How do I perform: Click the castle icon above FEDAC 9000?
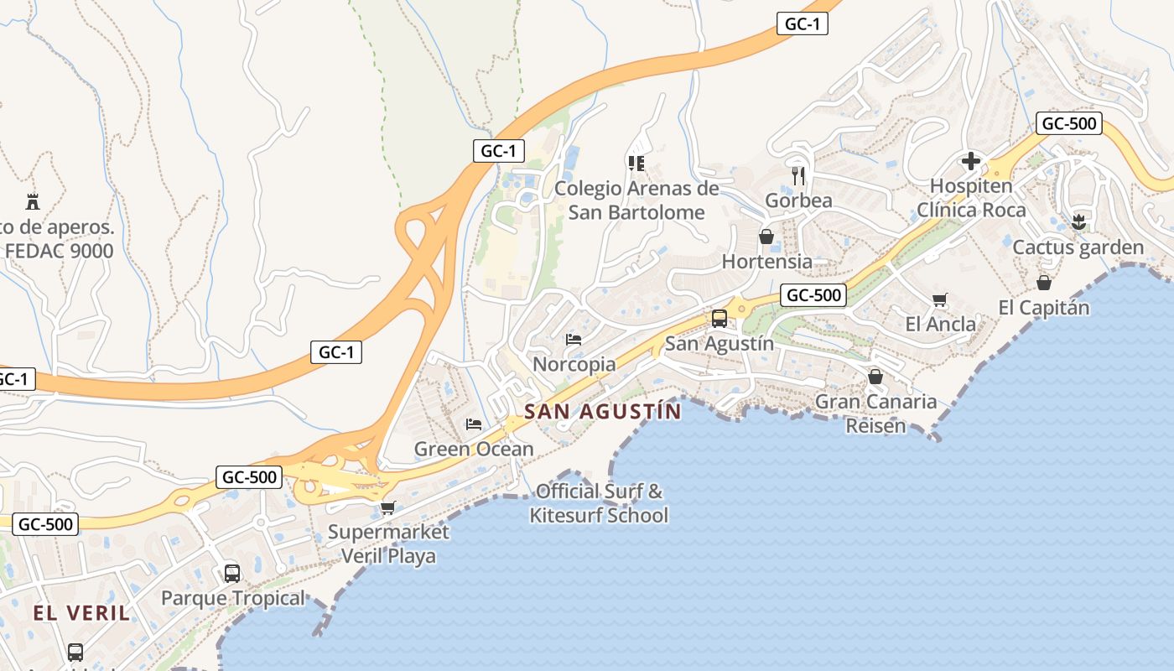pos(33,201)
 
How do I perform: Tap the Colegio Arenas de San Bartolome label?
pos(636,200)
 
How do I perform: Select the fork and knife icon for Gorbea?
pos(798,175)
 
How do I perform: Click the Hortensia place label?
pos(766,262)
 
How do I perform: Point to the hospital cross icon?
pos(971,160)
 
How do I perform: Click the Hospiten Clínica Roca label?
pos(971,198)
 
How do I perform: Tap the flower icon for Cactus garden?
pos(1078,222)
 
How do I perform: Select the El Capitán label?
pos(1044,308)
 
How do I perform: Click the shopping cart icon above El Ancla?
pos(940,299)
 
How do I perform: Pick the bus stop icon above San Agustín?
pos(719,319)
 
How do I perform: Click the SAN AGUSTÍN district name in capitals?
pos(603,411)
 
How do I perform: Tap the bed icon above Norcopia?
pos(574,340)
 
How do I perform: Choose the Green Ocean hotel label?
pos(474,449)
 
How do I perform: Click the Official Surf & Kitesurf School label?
pos(599,503)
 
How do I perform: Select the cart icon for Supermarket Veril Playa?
pos(387,507)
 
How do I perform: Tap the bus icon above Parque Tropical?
pos(232,574)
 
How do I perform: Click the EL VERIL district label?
pos(81,613)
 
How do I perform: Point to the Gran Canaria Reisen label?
pos(876,414)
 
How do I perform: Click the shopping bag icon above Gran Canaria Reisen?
pos(875,377)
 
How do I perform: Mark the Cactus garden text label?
pos(1078,247)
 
